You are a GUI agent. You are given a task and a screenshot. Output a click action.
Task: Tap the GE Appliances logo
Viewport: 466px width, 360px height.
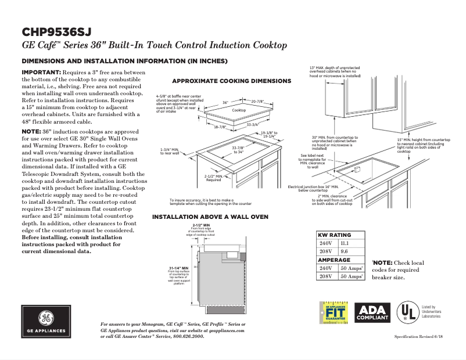pyautogui.click(x=44, y=323)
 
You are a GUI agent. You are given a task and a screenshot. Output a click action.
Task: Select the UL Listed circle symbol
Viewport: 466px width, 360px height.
pyautogui.click(x=406, y=312)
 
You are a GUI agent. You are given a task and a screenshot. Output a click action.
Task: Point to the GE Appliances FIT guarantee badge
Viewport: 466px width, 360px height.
pyautogui.click(x=333, y=314)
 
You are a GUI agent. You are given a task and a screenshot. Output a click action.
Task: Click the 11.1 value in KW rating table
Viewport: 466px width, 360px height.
pyautogui.click(x=345, y=243)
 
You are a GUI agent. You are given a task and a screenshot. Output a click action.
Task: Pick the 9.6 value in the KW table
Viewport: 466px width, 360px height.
pyautogui.click(x=344, y=252)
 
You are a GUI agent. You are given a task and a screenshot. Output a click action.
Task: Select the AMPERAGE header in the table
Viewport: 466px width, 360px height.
pyautogui.click(x=334, y=260)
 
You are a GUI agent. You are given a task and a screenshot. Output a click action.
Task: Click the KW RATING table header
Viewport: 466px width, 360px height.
pyautogui.click(x=334, y=235)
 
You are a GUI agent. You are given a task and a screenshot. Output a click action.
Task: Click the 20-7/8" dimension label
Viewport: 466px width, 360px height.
pyautogui.click(x=259, y=102)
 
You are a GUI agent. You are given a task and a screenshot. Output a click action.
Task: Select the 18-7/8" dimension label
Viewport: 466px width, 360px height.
pyautogui.click(x=220, y=127)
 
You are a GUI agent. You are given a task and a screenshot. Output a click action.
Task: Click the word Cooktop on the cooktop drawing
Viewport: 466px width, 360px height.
pyautogui.click(x=239, y=110)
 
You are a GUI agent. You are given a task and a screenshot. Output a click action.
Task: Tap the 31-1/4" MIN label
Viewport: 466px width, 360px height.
pyautogui.click(x=178, y=268)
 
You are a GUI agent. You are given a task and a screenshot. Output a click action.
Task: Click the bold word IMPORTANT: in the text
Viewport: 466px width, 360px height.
pyautogui.click(x=41, y=71)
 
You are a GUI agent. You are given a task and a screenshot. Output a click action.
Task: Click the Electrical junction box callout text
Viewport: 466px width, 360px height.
pyautogui.click(x=313, y=188)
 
